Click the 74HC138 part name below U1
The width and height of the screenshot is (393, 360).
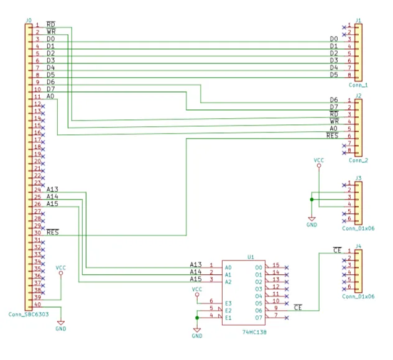click(254, 332)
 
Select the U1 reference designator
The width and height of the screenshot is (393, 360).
click(251, 257)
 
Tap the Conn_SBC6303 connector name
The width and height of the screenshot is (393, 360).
click(29, 314)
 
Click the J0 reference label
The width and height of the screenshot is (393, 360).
click(29, 20)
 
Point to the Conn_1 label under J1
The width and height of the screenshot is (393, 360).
click(358, 85)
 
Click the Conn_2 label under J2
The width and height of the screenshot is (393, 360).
click(358, 160)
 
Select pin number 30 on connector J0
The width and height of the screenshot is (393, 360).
click(37, 233)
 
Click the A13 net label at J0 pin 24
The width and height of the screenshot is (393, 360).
click(52, 189)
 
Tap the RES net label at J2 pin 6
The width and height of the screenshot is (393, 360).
click(332, 136)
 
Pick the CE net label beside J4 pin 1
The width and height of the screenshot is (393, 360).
click(338, 250)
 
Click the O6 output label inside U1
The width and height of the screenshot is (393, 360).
click(259, 311)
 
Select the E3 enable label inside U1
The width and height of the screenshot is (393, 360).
click(228, 303)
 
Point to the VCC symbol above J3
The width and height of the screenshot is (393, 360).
click(319, 162)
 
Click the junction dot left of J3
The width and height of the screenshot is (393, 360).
click(312, 200)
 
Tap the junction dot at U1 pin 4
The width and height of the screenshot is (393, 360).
click(197, 318)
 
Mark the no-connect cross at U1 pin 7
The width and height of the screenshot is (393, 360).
click(287, 318)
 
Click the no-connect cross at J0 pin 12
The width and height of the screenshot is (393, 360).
click(43, 106)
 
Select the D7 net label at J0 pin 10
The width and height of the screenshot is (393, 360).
click(50, 89)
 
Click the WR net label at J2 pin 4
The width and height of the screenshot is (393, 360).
click(334, 121)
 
